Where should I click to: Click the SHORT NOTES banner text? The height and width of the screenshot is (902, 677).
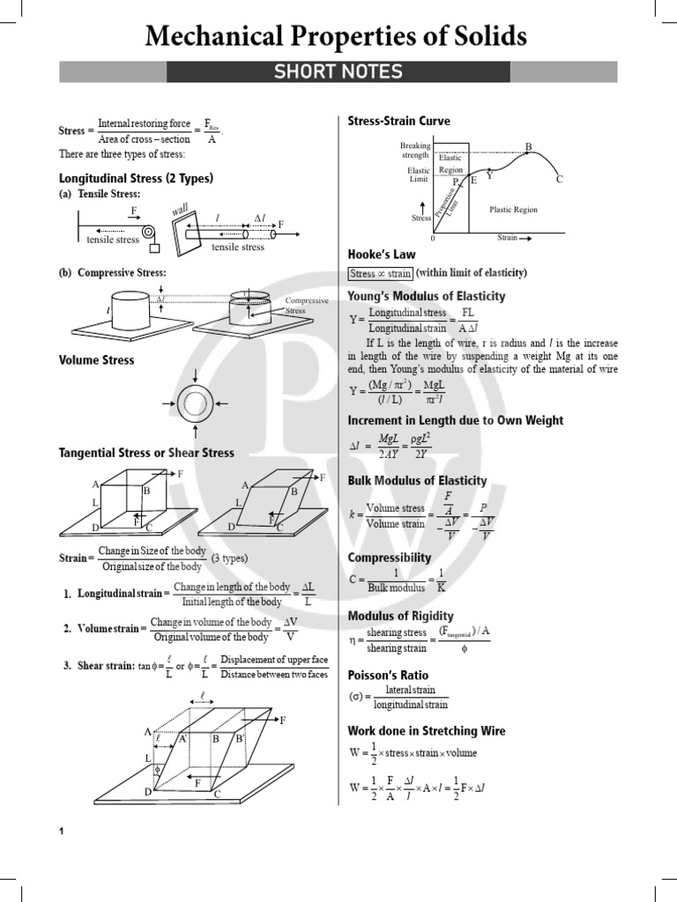(338, 72)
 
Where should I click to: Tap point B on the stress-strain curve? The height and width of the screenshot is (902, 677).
(529, 146)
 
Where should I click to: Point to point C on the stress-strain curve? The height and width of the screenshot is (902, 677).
(559, 180)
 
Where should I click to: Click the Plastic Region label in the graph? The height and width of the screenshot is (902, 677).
(513, 210)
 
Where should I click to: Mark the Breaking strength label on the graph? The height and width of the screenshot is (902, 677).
(415, 151)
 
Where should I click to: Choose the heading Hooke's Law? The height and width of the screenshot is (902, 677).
(382, 254)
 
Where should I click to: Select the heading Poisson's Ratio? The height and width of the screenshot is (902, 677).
(389, 676)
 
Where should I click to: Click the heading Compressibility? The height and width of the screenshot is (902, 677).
(389, 558)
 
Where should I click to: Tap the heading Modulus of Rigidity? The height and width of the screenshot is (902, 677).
(401, 615)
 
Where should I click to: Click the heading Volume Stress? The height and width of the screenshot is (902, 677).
(96, 359)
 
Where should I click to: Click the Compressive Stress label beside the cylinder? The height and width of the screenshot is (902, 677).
(307, 306)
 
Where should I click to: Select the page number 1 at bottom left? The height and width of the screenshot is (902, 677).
(62, 832)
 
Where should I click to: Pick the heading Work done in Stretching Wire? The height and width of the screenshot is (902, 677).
(427, 731)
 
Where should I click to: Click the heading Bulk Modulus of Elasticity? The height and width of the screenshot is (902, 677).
(417, 480)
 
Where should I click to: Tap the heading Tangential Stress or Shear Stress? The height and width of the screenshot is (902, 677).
(146, 453)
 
